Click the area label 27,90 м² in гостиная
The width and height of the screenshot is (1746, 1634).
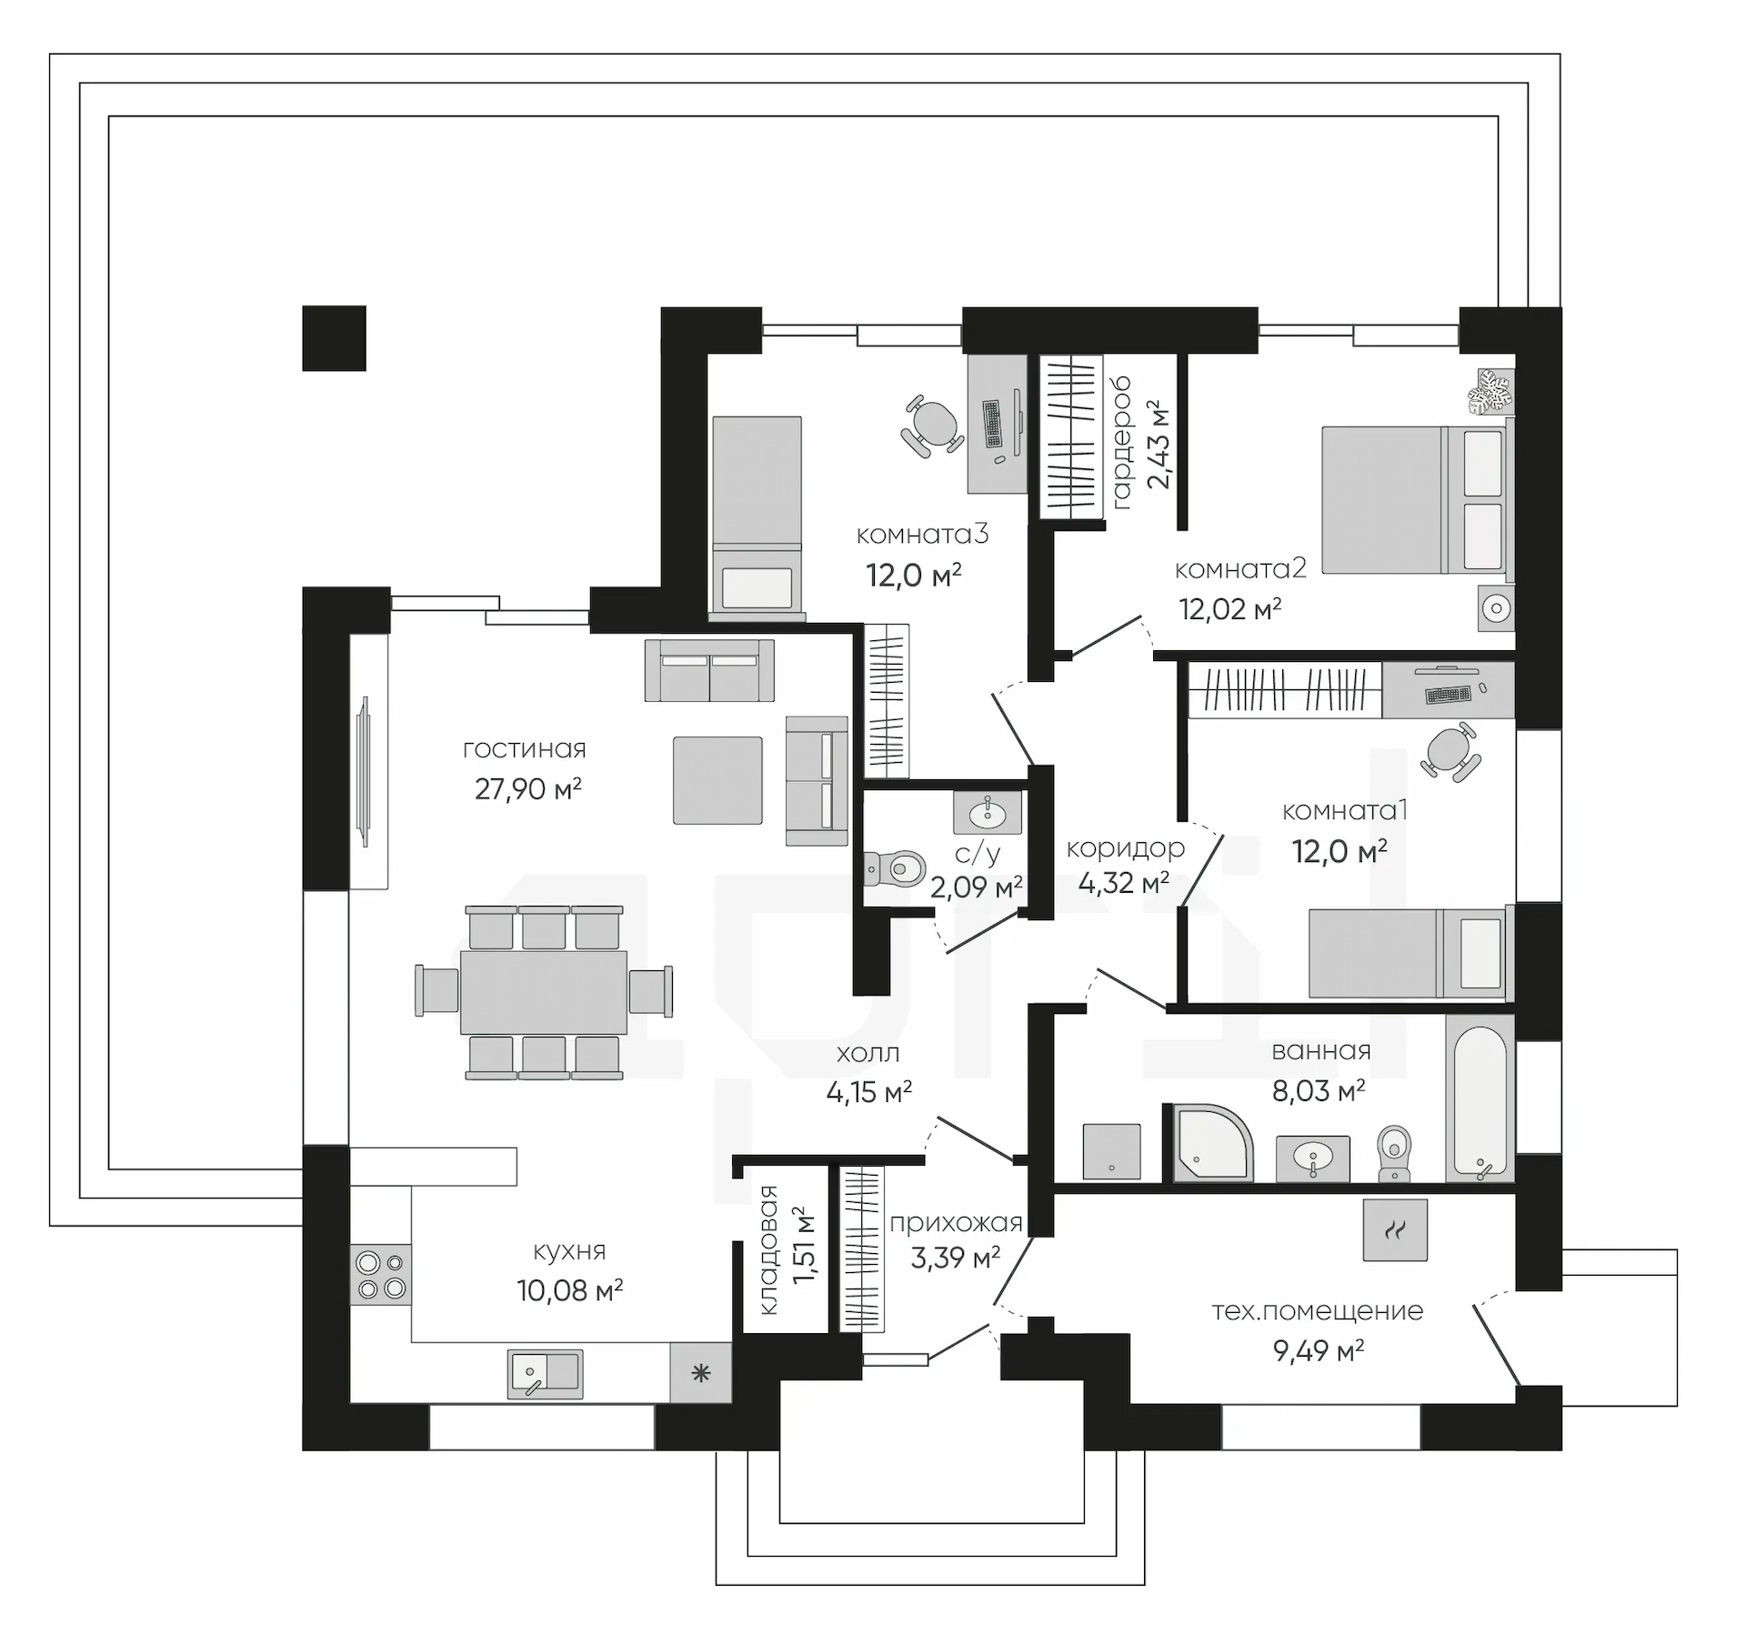(x=528, y=788)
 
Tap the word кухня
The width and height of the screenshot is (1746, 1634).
(x=569, y=1251)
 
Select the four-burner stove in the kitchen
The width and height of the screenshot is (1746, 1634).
(x=381, y=1275)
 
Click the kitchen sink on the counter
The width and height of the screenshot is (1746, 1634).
(x=545, y=1373)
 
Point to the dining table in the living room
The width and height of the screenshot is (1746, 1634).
(x=544, y=992)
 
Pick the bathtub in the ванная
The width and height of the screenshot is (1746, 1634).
(x=1480, y=1098)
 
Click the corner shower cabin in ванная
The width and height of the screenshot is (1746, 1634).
(x=1212, y=1142)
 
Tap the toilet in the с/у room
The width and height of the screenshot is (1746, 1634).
(x=893, y=869)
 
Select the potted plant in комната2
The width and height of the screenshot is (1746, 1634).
(x=1489, y=392)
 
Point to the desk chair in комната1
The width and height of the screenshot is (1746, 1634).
(x=1450, y=752)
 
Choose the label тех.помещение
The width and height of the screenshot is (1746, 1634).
(x=1318, y=1311)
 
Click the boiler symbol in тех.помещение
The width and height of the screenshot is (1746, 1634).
(x=1395, y=1230)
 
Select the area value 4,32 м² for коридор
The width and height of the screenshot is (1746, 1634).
(x=1123, y=882)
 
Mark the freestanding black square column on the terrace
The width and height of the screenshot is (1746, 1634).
(x=334, y=337)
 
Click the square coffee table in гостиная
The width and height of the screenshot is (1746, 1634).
(x=717, y=780)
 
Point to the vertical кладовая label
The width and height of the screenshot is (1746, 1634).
(x=768, y=1250)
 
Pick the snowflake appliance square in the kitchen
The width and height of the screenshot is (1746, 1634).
(x=700, y=1372)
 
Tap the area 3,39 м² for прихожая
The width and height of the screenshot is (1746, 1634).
(x=955, y=1258)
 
